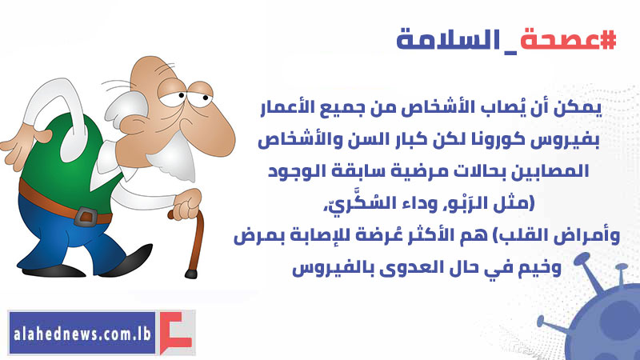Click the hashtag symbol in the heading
(607, 40)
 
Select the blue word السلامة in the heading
(448, 40)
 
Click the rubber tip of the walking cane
(191, 274)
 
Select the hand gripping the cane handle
(187, 205)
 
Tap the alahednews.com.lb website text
(82, 333)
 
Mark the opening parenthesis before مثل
(531, 203)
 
